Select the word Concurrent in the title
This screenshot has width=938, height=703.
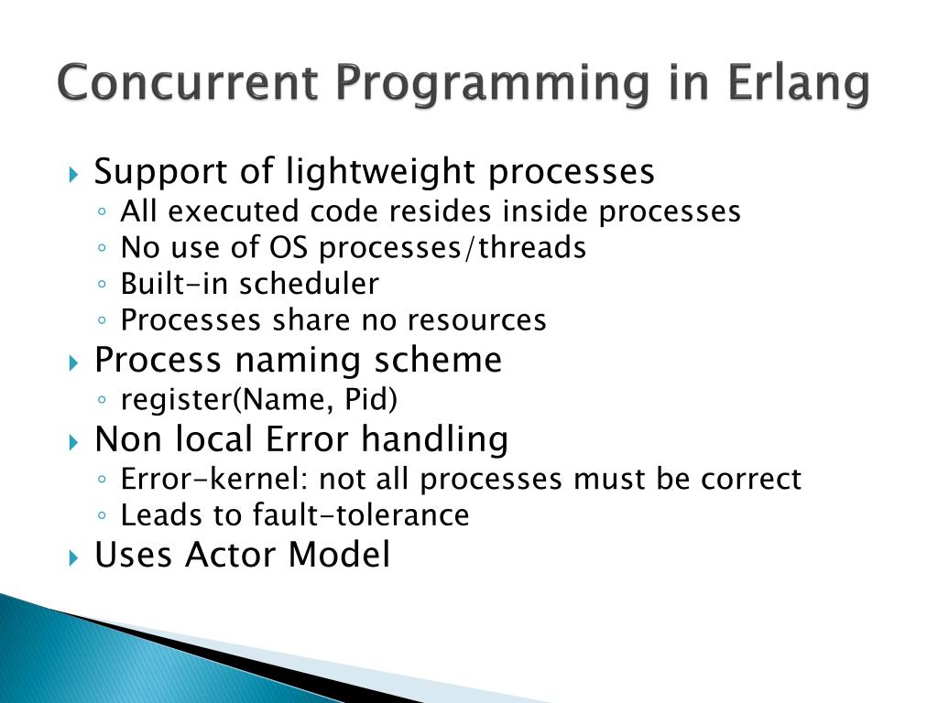coord(188,81)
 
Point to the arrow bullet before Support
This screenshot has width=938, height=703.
coord(73,175)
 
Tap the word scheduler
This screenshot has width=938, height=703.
coord(310,284)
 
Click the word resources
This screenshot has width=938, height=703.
coord(476,320)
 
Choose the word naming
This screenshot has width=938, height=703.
coord(298,361)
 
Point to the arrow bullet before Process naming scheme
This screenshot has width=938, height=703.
coord(73,362)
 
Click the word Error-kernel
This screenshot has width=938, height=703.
coord(213,479)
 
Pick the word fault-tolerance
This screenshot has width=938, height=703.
coord(361,515)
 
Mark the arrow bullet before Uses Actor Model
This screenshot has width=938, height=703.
coord(73,558)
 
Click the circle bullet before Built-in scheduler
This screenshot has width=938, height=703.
coord(102,284)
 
